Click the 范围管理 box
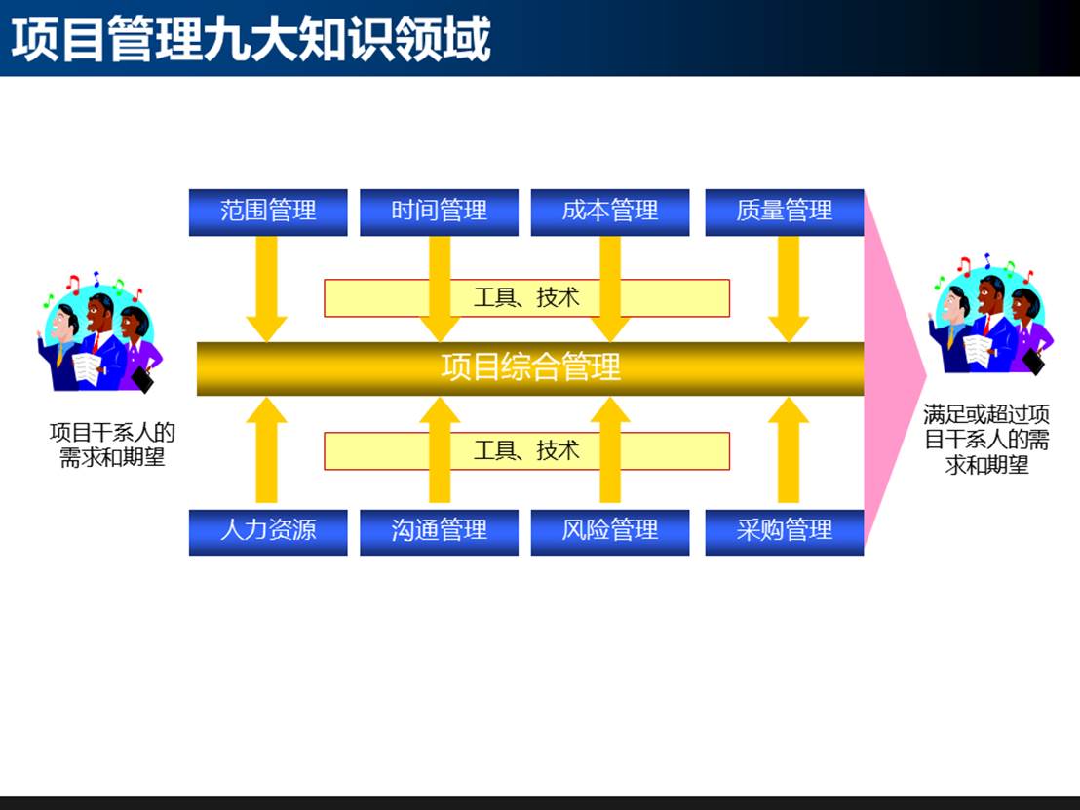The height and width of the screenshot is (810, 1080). pyautogui.click(x=268, y=212)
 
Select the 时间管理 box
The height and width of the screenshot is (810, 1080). pyautogui.click(x=439, y=212)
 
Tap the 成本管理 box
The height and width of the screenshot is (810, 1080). pyautogui.click(x=610, y=212)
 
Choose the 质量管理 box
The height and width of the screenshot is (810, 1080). pyautogui.click(x=785, y=212)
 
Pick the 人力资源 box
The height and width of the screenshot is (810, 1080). pyautogui.click(x=268, y=531)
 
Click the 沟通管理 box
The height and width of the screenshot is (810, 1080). pyautogui.click(x=439, y=531)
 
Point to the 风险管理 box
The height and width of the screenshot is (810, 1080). pyautogui.click(x=610, y=531)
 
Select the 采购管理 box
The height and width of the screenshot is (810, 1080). pyautogui.click(x=785, y=531)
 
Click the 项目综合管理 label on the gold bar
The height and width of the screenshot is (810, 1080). pyautogui.click(x=530, y=367)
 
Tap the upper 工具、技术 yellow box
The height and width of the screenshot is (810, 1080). pyautogui.click(x=526, y=297)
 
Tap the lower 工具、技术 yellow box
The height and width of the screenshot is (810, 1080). pyautogui.click(x=526, y=450)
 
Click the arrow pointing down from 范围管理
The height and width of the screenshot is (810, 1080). pyautogui.click(x=266, y=289)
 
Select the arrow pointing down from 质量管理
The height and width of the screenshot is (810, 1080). pyautogui.click(x=789, y=289)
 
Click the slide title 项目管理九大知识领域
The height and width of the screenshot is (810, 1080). pyautogui.click(x=251, y=39)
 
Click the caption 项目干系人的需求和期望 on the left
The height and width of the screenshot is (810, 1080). pyautogui.click(x=112, y=444)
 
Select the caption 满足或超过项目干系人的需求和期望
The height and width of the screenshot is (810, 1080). pyautogui.click(x=986, y=440)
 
